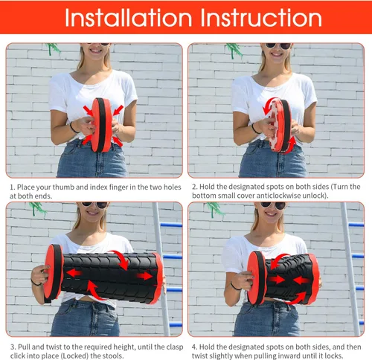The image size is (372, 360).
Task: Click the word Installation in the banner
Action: pyautogui.click(x=129, y=17)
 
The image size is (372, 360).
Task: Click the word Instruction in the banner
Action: pyautogui.click(x=261, y=17)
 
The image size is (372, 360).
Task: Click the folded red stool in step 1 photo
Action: pyautogui.click(x=102, y=125)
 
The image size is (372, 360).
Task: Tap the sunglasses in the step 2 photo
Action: pyautogui.click(x=278, y=46)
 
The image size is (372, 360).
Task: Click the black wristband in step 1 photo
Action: pyautogui.click(x=74, y=128)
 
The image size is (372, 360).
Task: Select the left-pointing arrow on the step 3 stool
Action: pyautogui.click(x=74, y=273)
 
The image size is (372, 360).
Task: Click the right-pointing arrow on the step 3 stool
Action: pyautogui.click(x=144, y=276)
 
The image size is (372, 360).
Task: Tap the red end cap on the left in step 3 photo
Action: pyautogui.click(x=53, y=272)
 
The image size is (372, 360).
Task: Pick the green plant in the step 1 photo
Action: pyautogui.click(x=54, y=48)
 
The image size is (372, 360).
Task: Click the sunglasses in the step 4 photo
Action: pyautogui.click(x=273, y=205)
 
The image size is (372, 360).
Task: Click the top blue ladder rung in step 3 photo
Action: pyautogui.click(x=171, y=225)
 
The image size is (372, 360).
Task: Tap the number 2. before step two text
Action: pyautogui.click(x=195, y=187)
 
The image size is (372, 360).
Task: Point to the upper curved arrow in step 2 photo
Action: pyautogui.click(x=269, y=106)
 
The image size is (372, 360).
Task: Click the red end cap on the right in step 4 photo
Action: pyautogui.click(x=314, y=279)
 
